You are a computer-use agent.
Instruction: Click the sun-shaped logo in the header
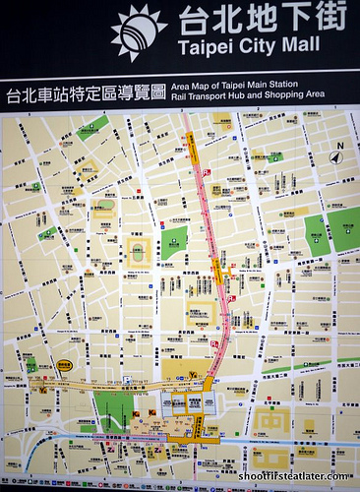coord(139,31)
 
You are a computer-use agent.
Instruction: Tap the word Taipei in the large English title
coord(204,47)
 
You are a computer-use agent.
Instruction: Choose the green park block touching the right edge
coord(344,229)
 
